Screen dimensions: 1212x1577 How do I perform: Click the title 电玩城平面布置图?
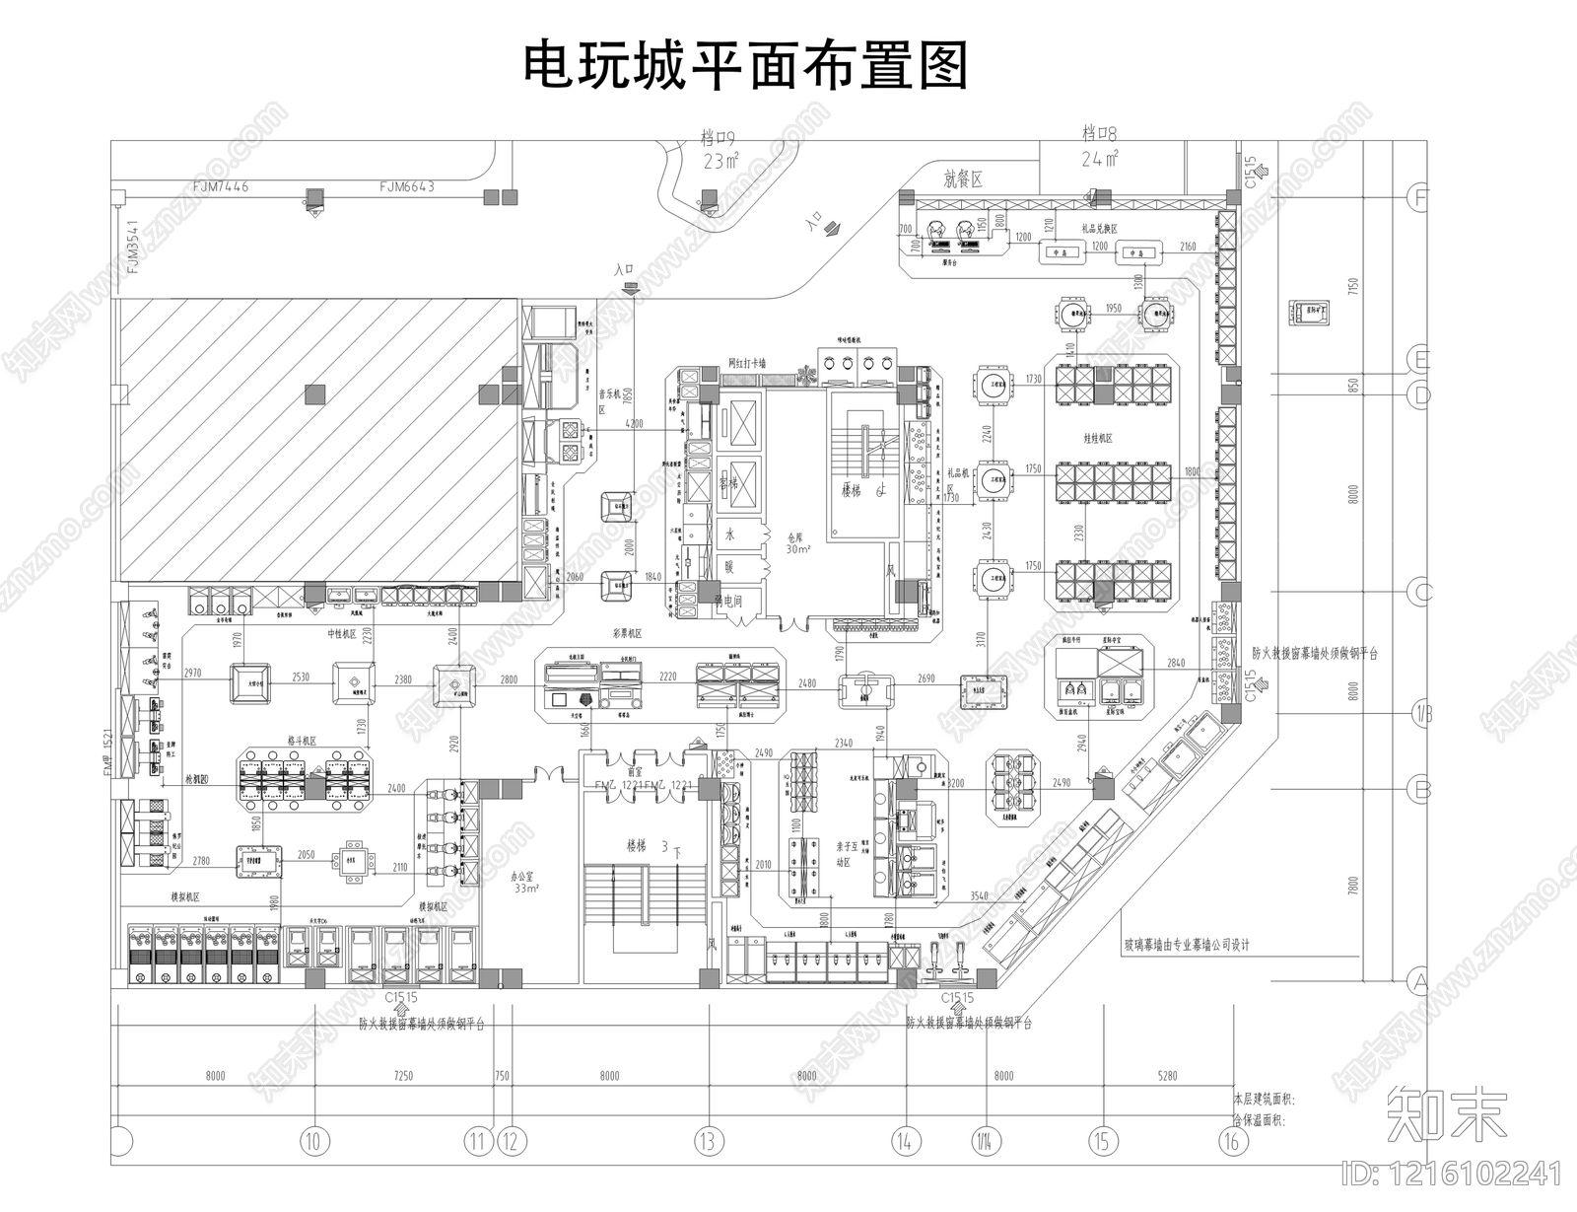[745, 66]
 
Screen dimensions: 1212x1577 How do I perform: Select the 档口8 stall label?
[1099, 133]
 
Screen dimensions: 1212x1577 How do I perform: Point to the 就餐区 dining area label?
[964, 178]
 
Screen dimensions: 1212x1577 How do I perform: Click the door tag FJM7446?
[221, 185]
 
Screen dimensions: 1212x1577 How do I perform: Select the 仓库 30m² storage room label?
[797, 544]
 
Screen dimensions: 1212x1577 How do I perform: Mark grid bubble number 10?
[313, 1142]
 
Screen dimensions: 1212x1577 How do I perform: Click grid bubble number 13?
[707, 1142]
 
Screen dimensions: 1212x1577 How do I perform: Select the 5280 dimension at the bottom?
[1167, 1076]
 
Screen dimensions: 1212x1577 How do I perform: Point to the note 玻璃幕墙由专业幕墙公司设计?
[1187, 945]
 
